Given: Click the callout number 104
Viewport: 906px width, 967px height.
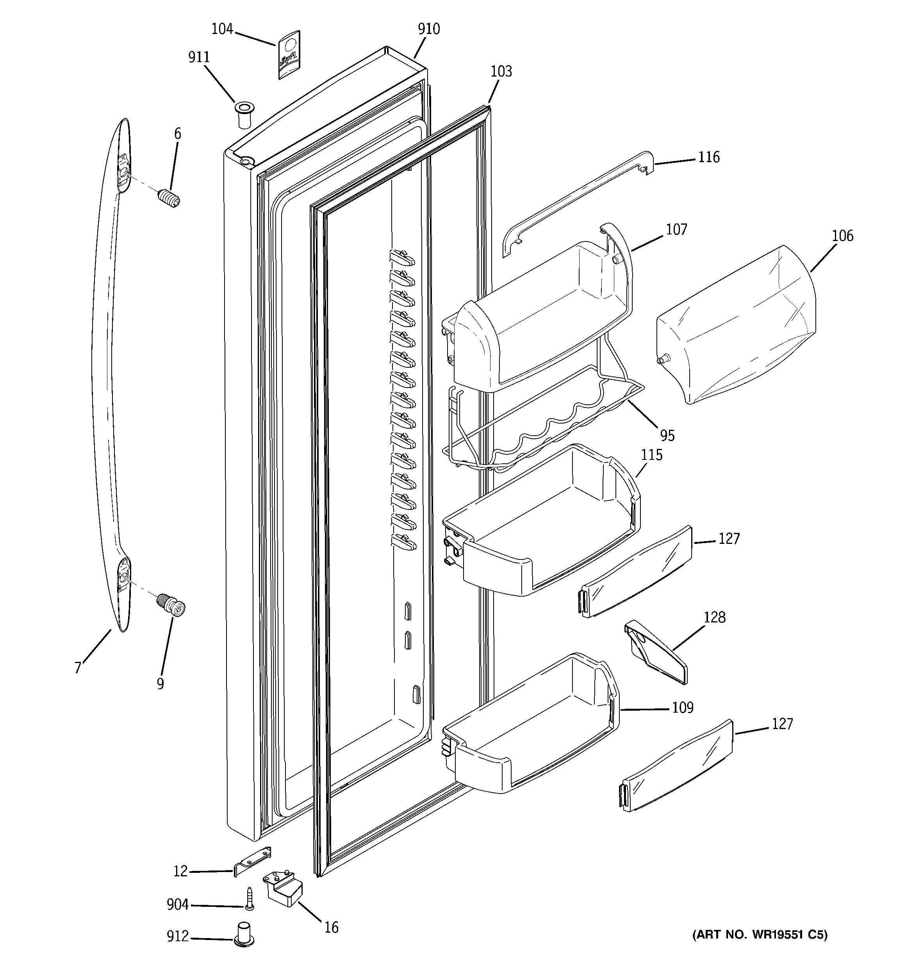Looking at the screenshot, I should pos(222,29).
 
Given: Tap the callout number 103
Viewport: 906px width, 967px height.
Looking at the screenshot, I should pos(501,71).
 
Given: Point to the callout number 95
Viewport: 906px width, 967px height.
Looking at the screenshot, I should pos(667,435).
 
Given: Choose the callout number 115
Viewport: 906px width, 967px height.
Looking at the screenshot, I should pos(652,455).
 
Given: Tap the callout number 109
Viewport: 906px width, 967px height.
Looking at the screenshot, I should pos(682,707).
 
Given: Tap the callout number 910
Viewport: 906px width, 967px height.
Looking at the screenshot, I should pos(428,29).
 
